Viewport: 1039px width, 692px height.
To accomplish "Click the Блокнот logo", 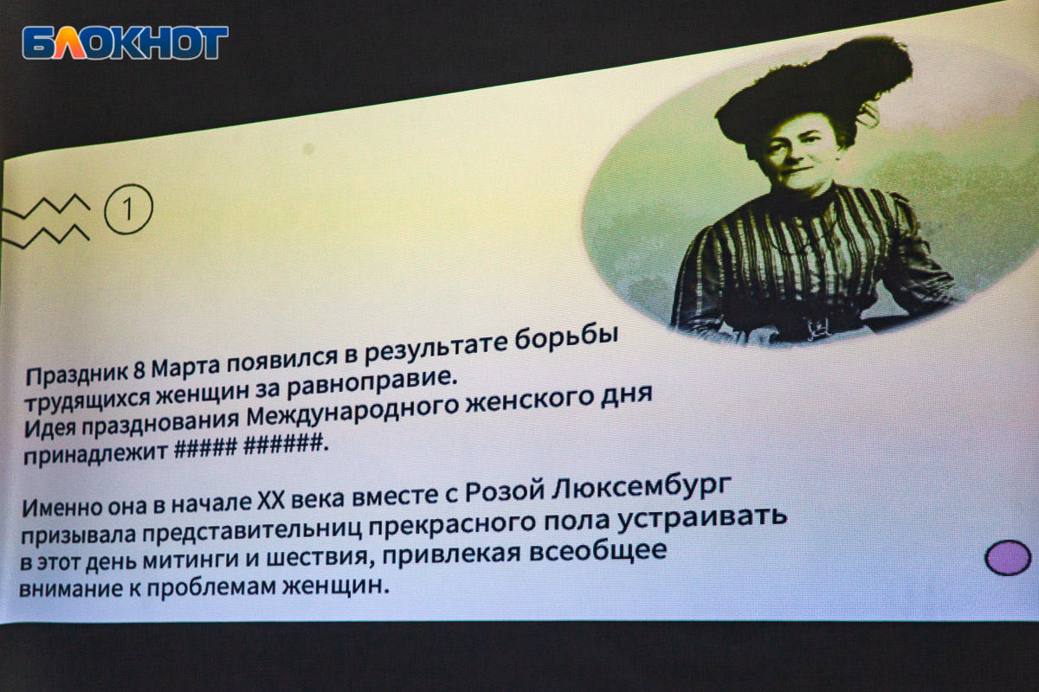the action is [x=126, y=42].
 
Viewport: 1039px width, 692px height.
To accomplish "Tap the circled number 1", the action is [x=128, y=209].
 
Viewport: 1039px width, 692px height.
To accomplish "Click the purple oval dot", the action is [x=1008, y=558].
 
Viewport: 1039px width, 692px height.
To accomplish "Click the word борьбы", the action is [x=567, y=342].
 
